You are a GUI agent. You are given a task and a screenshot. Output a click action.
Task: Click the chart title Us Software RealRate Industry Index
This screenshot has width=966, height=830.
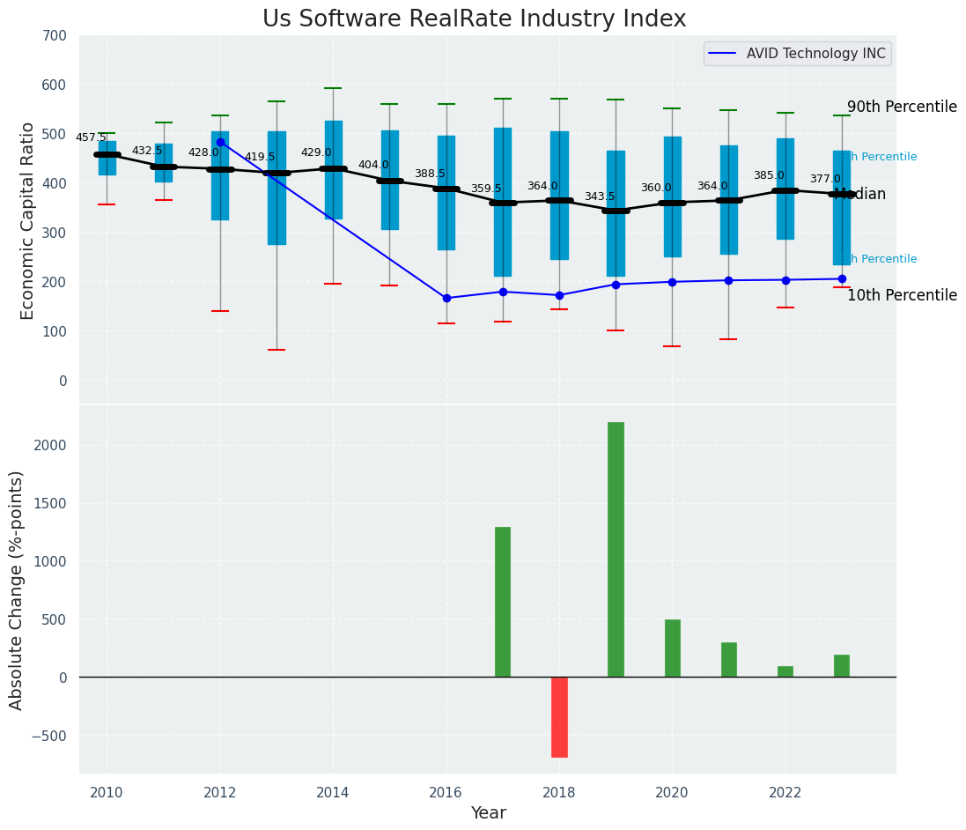(x=474, y=19)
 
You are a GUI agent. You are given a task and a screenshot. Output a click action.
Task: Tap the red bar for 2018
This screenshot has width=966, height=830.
(x=559, y=716)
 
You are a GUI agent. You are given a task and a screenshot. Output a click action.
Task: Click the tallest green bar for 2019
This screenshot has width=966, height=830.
(x=616, y=549)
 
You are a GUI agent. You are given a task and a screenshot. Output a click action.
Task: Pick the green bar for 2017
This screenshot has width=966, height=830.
(x=503, y=602)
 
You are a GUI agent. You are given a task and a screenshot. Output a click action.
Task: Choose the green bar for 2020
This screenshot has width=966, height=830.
(x=672, y=648)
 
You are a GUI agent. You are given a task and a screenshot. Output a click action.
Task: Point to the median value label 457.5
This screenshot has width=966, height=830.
(x=91, y=137)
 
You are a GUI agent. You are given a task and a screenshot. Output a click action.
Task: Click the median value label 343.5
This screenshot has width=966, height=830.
(x=600, y=196)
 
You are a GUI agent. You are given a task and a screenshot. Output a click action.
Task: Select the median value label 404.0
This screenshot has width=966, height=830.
(x=373, y=165)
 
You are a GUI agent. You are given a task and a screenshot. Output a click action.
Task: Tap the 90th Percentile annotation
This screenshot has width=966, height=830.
(x=902, y=107)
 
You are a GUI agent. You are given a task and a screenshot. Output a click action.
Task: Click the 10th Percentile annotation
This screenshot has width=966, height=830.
(x=902, y=296)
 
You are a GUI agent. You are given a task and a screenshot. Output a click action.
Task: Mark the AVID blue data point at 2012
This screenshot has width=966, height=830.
(x=220, y=142)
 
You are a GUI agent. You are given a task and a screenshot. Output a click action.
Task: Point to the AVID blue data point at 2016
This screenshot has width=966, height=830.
(x=446, y=298)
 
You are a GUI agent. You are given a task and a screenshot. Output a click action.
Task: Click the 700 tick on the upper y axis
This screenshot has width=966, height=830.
(x=55, y=36)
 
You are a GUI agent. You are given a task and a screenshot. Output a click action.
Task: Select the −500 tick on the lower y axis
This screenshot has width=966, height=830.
(x=50, y=736)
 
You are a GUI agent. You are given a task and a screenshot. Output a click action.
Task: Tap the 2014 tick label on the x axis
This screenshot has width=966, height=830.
(x=333, y=792)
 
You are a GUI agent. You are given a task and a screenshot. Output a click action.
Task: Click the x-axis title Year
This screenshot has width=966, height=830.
(x=488, y=813)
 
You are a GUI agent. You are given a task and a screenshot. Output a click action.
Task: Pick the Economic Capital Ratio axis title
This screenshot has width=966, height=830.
(x=28, y=220)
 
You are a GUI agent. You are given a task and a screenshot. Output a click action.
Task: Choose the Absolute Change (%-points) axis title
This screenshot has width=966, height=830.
(x=18, y=589)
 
